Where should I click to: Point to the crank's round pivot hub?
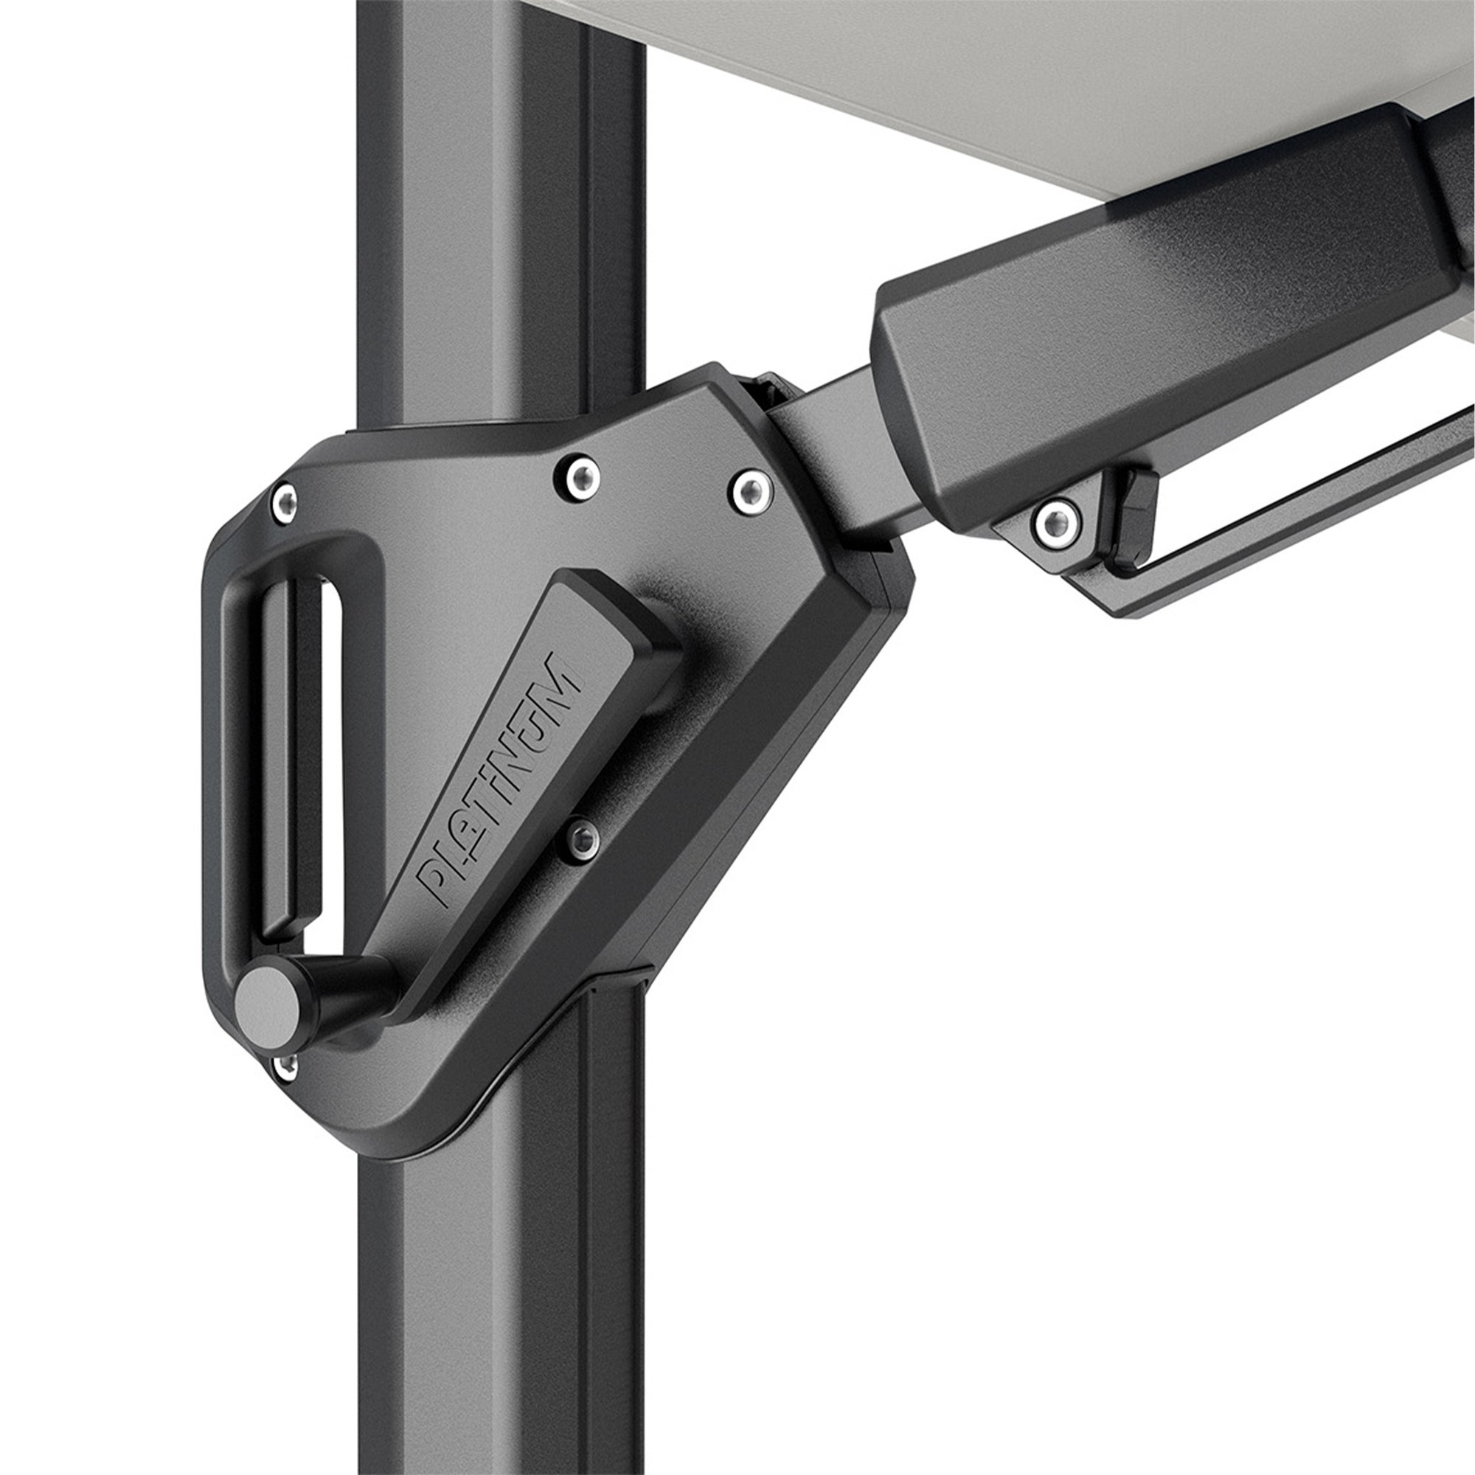649,672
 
